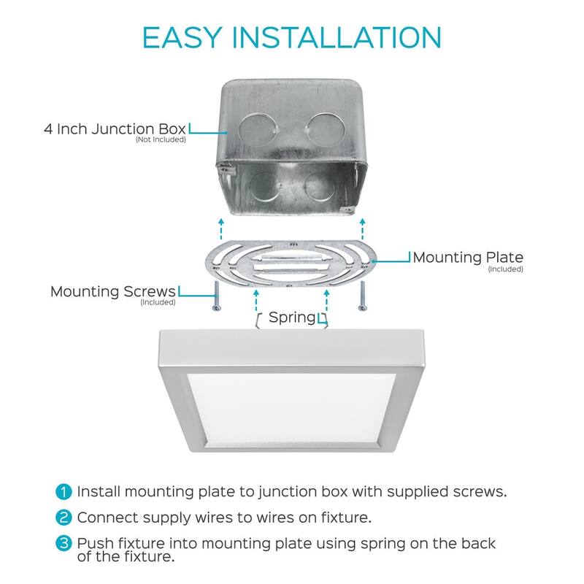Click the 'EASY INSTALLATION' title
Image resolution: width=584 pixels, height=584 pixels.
pos(291,37)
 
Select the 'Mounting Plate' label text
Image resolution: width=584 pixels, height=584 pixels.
pos(468,258)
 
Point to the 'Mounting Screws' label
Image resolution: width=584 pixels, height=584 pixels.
pos(113,291)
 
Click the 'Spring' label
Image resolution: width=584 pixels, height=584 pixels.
pos(292,318)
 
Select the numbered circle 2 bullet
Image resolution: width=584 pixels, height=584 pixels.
pos(64,518)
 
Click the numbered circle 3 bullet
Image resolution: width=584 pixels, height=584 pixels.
pos(64,545)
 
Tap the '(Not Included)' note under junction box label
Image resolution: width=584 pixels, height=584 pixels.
pos(161,140)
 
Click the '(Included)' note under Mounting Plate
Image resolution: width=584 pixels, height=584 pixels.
pos(506,269)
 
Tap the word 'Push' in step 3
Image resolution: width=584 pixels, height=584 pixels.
pos(93,544)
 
